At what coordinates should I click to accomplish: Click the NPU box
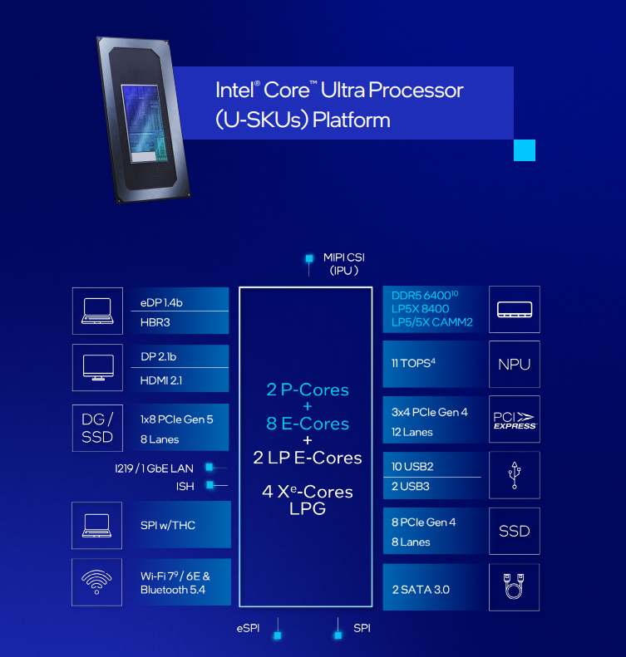coord(514,364)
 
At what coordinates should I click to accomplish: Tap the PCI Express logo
coord(515,420)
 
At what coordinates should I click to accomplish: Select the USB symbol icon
coord(515,475)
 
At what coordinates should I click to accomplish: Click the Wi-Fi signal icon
coord(97,582)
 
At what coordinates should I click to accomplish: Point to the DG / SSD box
coord(97,428)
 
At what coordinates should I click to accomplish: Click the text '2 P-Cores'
coord(308,390)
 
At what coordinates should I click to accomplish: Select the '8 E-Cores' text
coord(308,424)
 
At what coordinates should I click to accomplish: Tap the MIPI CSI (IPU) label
coord(344,264)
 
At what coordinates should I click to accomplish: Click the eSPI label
coord(248,628)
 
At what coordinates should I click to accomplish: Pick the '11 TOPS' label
coord(413,363)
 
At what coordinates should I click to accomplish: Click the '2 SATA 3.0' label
coord(421,590)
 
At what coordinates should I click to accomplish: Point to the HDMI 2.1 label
coord(161,380)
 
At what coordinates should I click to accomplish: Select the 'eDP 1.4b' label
coord(161,302)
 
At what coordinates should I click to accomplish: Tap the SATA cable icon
coord(514,586)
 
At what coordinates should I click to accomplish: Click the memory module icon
coord(515,310)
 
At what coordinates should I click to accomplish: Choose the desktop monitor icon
coord(98,367)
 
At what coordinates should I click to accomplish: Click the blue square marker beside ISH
coord(210,485)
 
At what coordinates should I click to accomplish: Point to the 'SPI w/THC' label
coord(168,525)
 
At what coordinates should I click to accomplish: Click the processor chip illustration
coord(143,120)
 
